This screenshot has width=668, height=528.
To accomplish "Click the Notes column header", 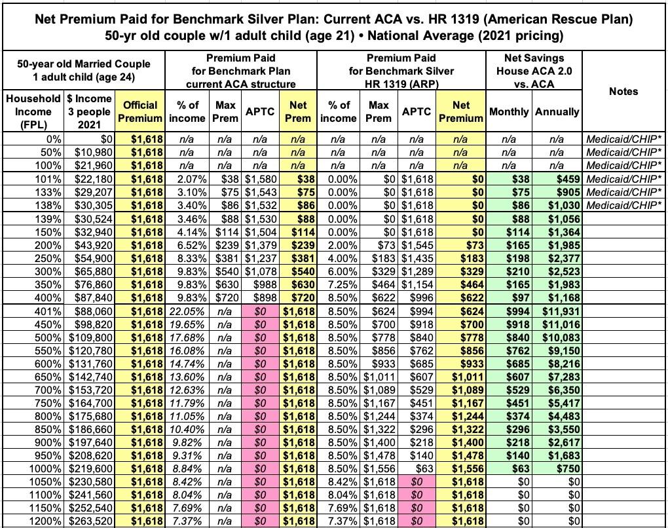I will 623,91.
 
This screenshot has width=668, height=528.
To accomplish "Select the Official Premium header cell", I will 140,111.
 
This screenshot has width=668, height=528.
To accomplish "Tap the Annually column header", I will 557,111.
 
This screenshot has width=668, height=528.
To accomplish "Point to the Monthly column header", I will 510,111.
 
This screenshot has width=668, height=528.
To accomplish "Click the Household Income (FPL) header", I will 32,111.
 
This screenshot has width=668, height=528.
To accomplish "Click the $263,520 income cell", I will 91,521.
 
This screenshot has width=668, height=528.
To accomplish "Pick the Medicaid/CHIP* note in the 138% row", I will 624,206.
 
